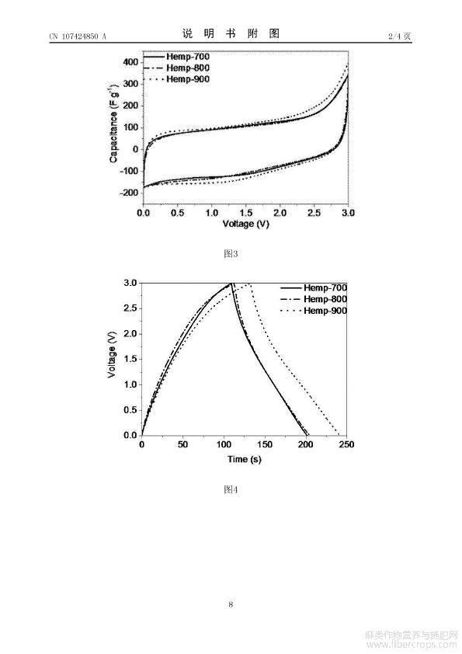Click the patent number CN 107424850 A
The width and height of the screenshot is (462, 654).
tap(78, 37)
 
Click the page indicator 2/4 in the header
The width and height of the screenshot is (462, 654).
tap(394, 36)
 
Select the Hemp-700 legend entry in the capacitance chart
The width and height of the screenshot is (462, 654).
tap(176, 56)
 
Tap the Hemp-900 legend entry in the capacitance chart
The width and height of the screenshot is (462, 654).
tap(176, 79)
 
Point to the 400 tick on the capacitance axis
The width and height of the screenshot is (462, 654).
tap(130, 62)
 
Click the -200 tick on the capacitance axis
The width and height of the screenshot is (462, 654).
tap(129, 193)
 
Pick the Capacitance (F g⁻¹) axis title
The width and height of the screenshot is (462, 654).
tap(113, 123)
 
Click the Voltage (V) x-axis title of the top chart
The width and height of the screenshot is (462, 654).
tap(246, 224)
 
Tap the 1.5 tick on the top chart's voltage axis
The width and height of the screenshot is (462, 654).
tap(246, 213)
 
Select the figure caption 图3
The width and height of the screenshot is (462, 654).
tap(231, 253)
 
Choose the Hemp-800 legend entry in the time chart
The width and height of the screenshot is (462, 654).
tap(313, 299)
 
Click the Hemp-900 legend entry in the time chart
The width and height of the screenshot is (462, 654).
tap(313, 311)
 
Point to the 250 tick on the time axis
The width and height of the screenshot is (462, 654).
tap(346, 444)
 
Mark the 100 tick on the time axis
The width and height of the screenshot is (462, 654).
tap(224, 444)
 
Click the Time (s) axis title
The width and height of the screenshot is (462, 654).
tap(245, 460)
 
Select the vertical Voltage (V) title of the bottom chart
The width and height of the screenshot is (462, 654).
tap(111, 355)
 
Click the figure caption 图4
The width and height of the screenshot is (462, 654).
tap(231, 489)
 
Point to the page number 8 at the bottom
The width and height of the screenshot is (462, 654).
tap(231, 604)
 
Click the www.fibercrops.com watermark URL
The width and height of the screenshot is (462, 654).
tap(411, 645)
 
